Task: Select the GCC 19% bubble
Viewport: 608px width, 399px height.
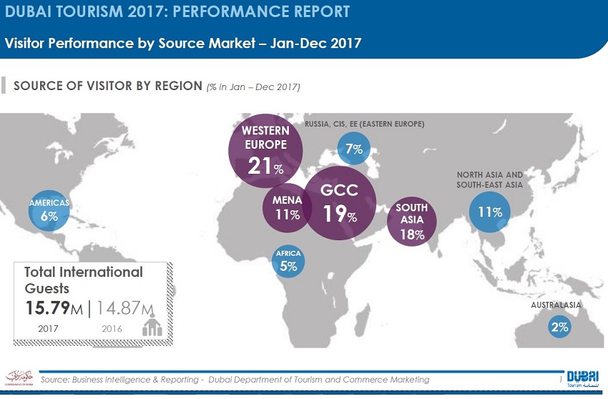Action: tap(339, 202)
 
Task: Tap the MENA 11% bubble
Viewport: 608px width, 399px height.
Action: tap(287, 208)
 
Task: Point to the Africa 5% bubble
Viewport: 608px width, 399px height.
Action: tap(288, 262)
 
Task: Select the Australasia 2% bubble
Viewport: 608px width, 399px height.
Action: tap(559, 327)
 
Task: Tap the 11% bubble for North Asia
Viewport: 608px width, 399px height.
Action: tap(490, 212)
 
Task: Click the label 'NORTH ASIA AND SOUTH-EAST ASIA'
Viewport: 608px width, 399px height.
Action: tap(490, 179)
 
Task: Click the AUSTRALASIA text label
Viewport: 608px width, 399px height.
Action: tap(556, 305)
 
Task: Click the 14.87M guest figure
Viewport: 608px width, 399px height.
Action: tap(125, 308)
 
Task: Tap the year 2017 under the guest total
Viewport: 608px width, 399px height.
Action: tap(47, 329)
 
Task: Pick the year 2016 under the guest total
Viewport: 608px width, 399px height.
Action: tap(112, 329)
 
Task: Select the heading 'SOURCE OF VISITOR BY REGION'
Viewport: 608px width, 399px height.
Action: tap(107, 87)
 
